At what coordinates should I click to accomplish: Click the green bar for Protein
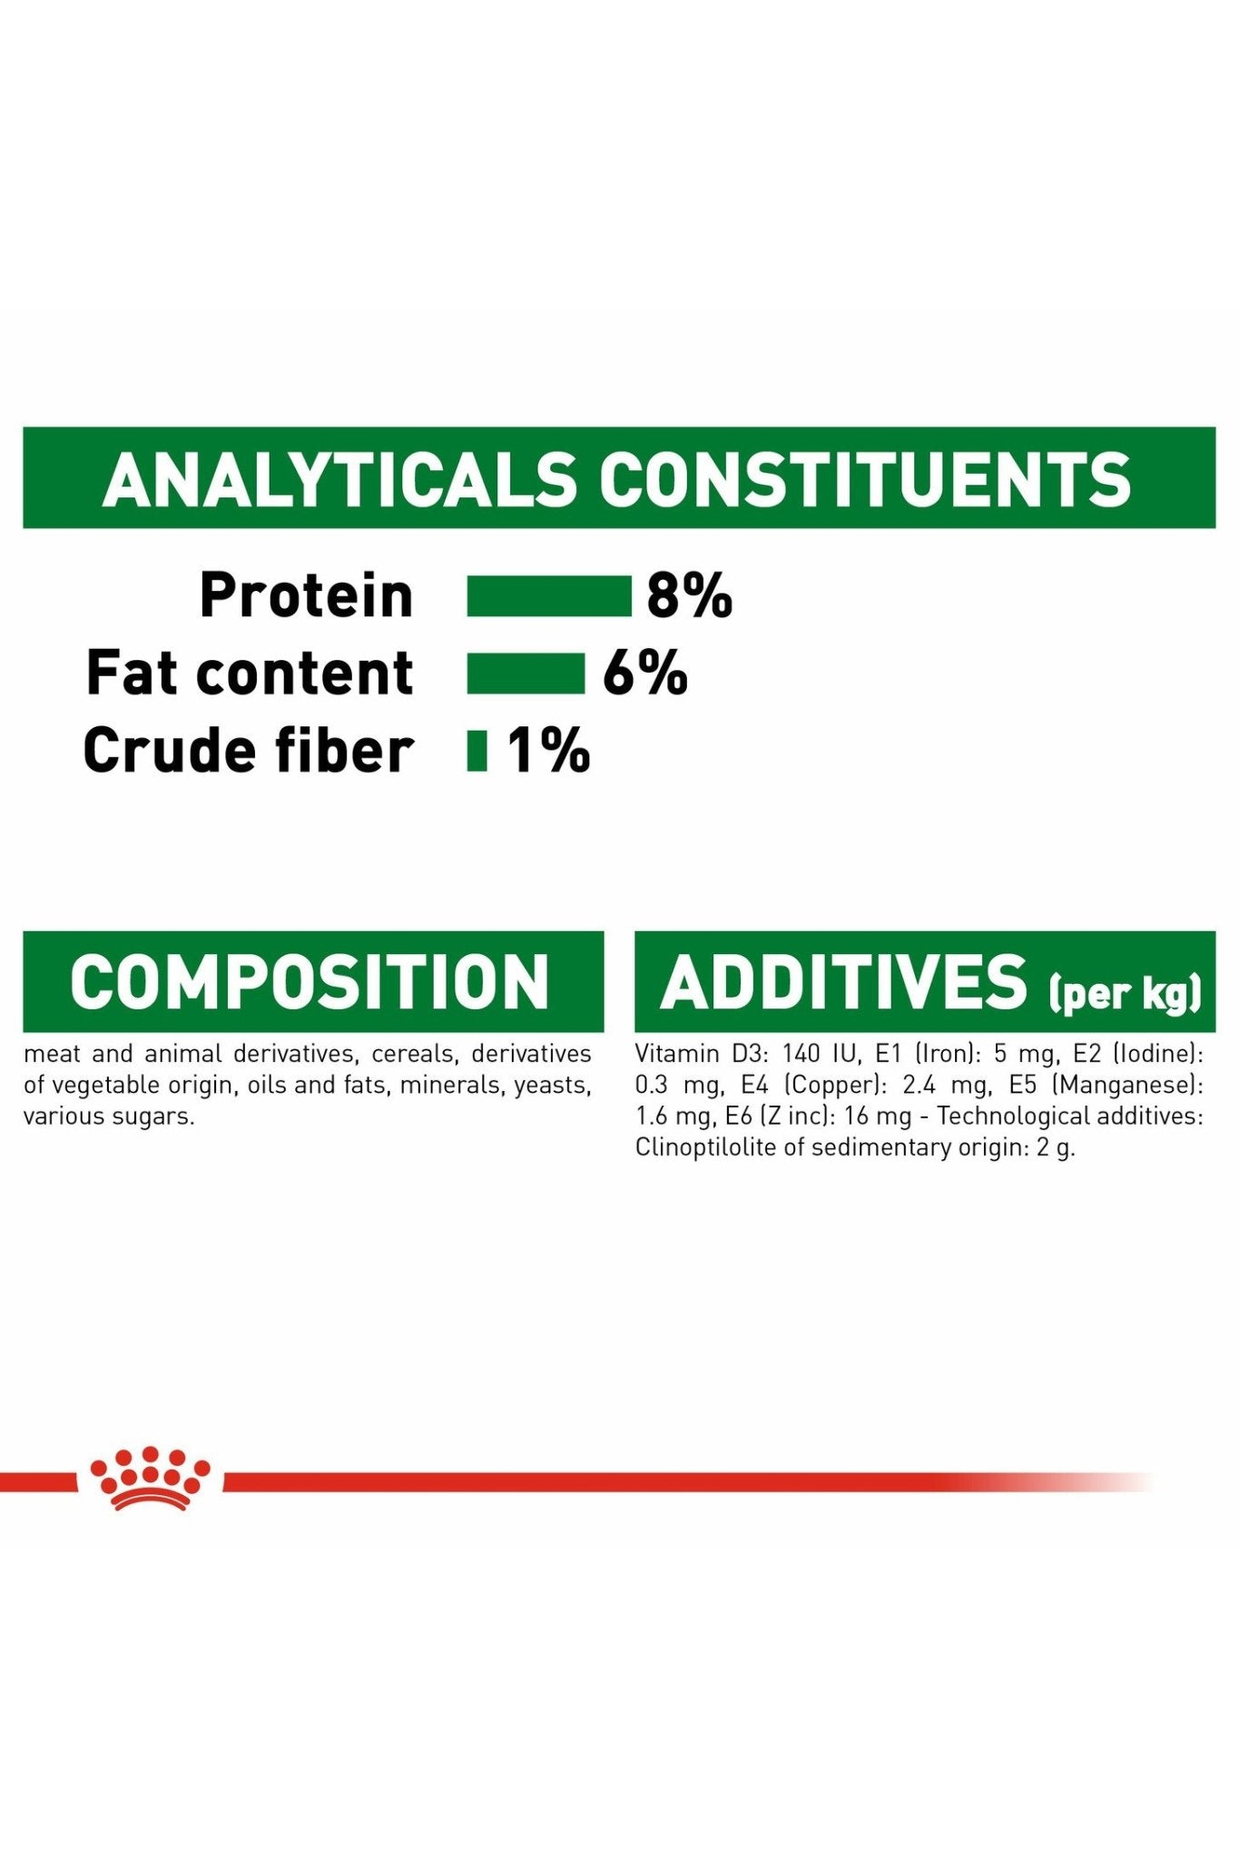[x=549, y=596]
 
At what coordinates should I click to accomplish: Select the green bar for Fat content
[x=526, y=674]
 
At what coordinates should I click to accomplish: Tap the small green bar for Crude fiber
[x=477, y=751]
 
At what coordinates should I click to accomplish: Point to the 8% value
[x=689, y=596]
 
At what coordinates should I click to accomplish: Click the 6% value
[x=645, y=674]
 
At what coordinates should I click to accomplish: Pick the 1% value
[x=548, y=751]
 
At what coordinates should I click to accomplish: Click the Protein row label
[x=306, y=595]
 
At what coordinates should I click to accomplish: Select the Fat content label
[x=250, y=673]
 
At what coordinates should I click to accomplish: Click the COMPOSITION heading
[x=310, y=981]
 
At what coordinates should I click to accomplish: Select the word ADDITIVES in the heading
[x=843, y=981]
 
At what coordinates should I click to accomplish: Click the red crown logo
[x=150, y=1477]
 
